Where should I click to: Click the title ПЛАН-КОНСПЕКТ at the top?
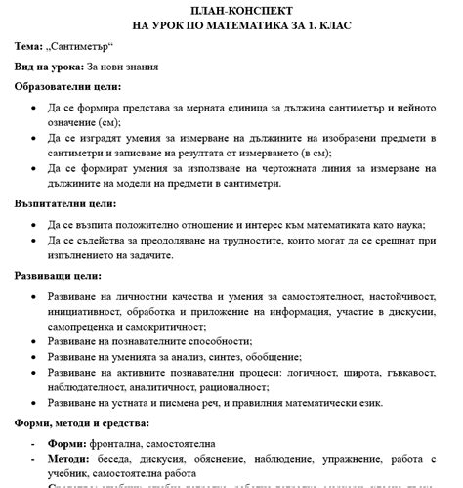(x=231, y=9)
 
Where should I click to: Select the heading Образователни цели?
(x=68, y=87)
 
